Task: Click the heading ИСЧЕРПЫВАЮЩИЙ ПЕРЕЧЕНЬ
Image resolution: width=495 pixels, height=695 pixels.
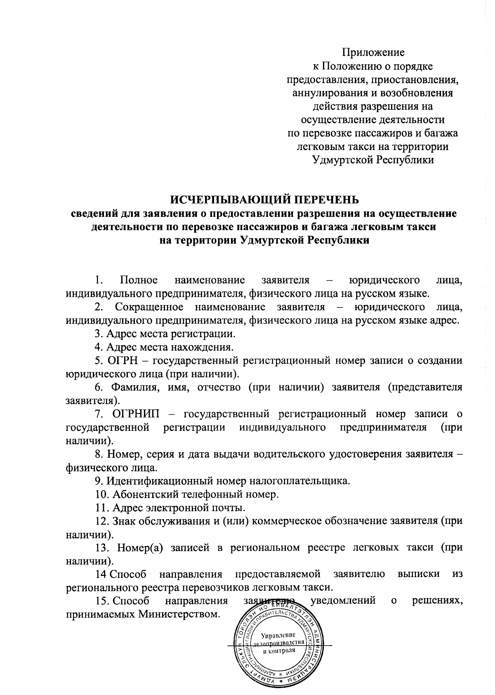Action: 265,200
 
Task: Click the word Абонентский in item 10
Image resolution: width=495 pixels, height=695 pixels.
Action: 147,494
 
